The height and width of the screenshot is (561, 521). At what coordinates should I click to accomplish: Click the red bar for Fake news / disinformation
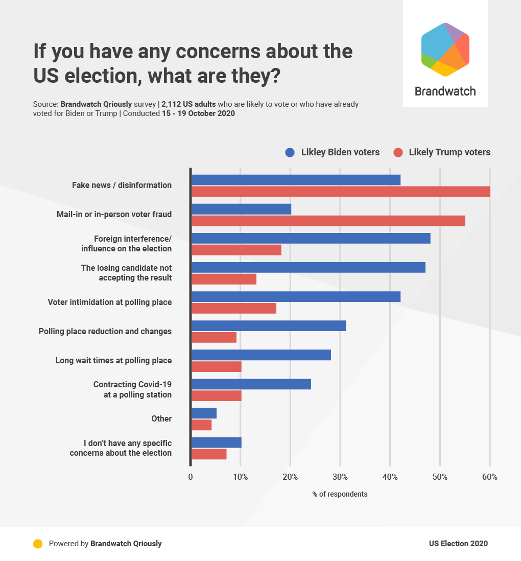click(x=341, y=192)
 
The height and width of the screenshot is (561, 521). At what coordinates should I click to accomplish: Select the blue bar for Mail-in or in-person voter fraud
click(x=241, y=209)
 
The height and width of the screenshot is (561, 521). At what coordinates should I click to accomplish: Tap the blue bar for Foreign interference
click(x=311, y=238)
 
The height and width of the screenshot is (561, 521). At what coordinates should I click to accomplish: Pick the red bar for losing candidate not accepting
click(x=224, y=279)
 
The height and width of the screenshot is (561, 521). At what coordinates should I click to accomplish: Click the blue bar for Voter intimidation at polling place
click(x=296, y=296)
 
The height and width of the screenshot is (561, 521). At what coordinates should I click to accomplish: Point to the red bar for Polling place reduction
click(x=214, y=337)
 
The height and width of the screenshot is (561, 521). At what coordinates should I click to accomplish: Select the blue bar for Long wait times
click(x=261, y=355)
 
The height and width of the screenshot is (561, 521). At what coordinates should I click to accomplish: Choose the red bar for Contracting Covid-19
click(x=217, y=395)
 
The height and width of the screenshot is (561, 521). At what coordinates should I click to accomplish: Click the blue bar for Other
click(x=204, y=413)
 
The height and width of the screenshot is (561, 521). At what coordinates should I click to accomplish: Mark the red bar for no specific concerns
click(x=209, y=454)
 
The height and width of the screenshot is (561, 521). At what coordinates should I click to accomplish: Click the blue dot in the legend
click(x=290, y=152)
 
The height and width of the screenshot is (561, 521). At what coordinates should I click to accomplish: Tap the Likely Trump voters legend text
click(x=449, y=152)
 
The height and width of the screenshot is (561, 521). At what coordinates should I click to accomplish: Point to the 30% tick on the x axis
click(x=340, y=477)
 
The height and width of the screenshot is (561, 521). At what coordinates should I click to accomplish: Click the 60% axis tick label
click(x=489, y=477)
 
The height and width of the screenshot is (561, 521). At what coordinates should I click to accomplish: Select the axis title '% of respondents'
click(x=340, y=494)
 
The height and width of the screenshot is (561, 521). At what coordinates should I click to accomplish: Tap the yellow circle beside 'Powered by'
click(x=38, y=544)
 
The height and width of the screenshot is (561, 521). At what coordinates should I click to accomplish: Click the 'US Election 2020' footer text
click(x=458, y=544)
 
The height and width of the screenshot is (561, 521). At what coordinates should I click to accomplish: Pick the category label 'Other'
click(x=161, y=418)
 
